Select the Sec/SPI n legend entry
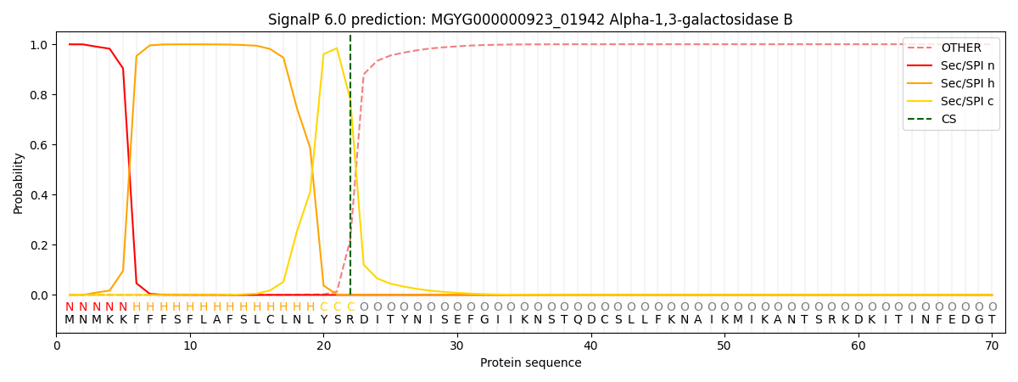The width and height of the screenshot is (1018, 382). click(x=967, y=65)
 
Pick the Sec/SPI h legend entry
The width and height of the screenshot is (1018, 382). click(x=967, y=83)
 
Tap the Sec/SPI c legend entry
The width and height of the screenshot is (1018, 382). click(x=967, y=101)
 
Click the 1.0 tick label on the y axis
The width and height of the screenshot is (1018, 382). click(x=41, y=44)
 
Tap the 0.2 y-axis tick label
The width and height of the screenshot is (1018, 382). click(x=41, y=245)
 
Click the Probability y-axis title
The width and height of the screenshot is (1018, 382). click(x=19, y=183)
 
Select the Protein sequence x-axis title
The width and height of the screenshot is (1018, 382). click(x=530, y=363)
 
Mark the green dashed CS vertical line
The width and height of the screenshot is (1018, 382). click(x=350, y=170)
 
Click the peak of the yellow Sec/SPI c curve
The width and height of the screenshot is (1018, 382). click(x=337, y=48)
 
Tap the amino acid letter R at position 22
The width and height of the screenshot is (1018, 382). click(x=350, y=320)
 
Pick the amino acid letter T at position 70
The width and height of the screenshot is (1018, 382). click(x=992, y=320)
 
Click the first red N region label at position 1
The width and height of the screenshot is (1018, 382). click(x=70, y=307)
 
